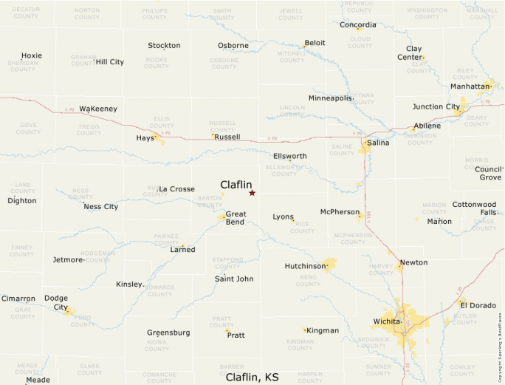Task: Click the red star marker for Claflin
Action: [252, 193]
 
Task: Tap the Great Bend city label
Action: [236, 218]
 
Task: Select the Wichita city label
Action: [386, 321]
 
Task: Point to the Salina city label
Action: [378, 143]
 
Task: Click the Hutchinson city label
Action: [305, 266]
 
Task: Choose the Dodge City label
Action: [56, 303]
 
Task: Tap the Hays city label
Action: [145, 138]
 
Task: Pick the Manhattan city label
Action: [470, 86]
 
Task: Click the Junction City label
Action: [436, 106]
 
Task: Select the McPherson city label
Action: [340, 212]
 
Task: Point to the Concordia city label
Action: [357, 25]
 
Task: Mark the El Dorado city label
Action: [478, 304]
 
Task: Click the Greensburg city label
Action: [168, 333]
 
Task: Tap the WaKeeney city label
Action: [98, 109]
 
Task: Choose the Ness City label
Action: [101, 207]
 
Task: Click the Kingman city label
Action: [323, 330]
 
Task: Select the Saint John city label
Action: [234, 279]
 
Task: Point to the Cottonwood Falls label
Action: [474, 208]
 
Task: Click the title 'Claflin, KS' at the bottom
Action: [252, 377]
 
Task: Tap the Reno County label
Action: [308, 281]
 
